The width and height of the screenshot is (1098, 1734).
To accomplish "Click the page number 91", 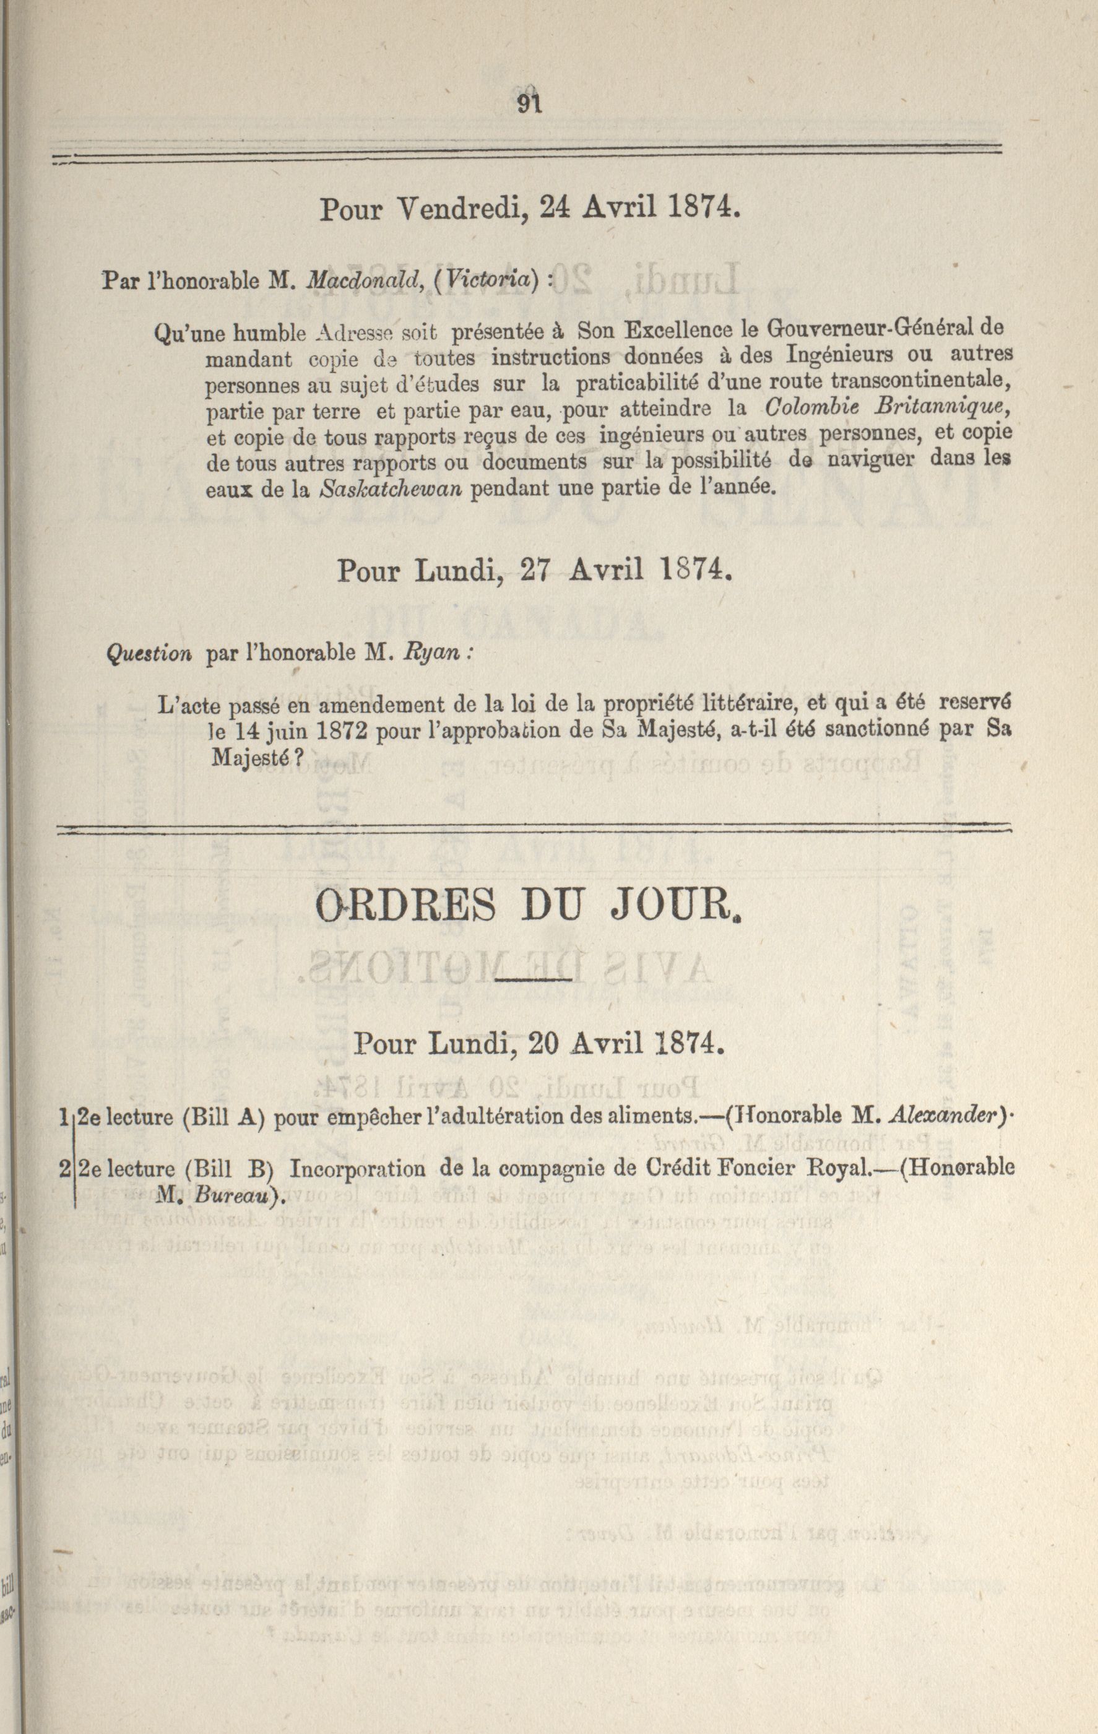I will pos(529,105).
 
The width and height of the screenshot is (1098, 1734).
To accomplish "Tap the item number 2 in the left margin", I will pos(66,1168).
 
